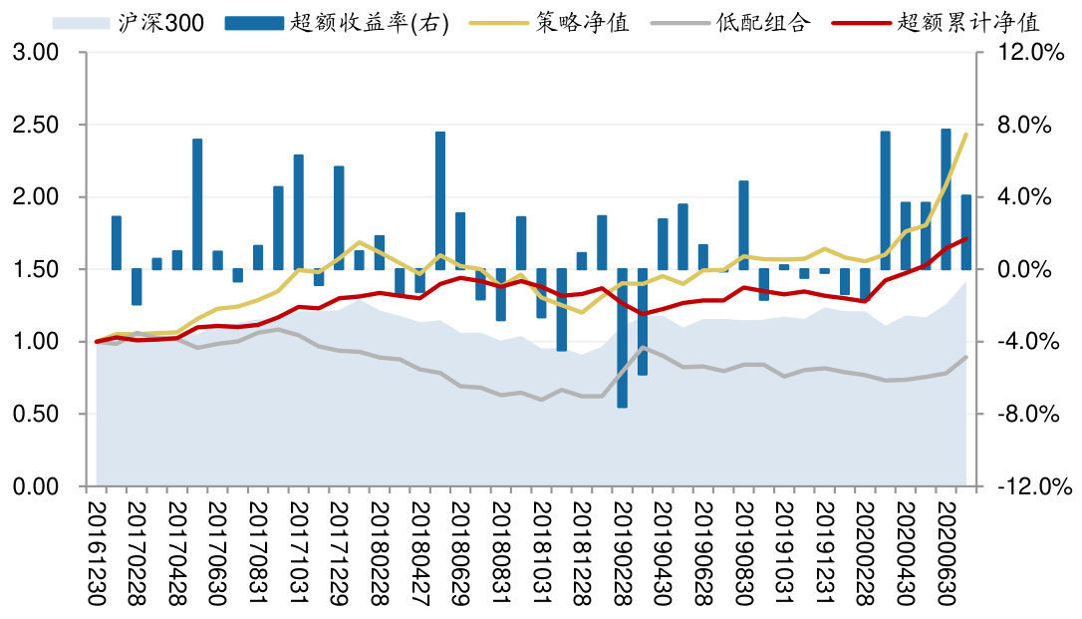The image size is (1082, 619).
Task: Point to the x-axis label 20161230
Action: pyautogui.click(x=97, y=548)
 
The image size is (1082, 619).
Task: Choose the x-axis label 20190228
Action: pyautogui.click(x=623, y=548)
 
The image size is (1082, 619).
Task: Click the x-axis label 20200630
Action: pyautogui.click(x=947, y=548)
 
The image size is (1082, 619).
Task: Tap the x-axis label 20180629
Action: pyautogui.click(x=460, y=548)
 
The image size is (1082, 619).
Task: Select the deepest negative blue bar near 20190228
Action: pyautogui.click(x=623, y=339)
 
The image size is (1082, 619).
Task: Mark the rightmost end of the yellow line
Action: pyautogui.click(x=966, y=134)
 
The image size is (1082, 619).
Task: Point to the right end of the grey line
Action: pyautogui.click(x=966, y=357)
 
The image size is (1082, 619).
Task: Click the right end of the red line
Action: pyautogui.click(x=966, y=237)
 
